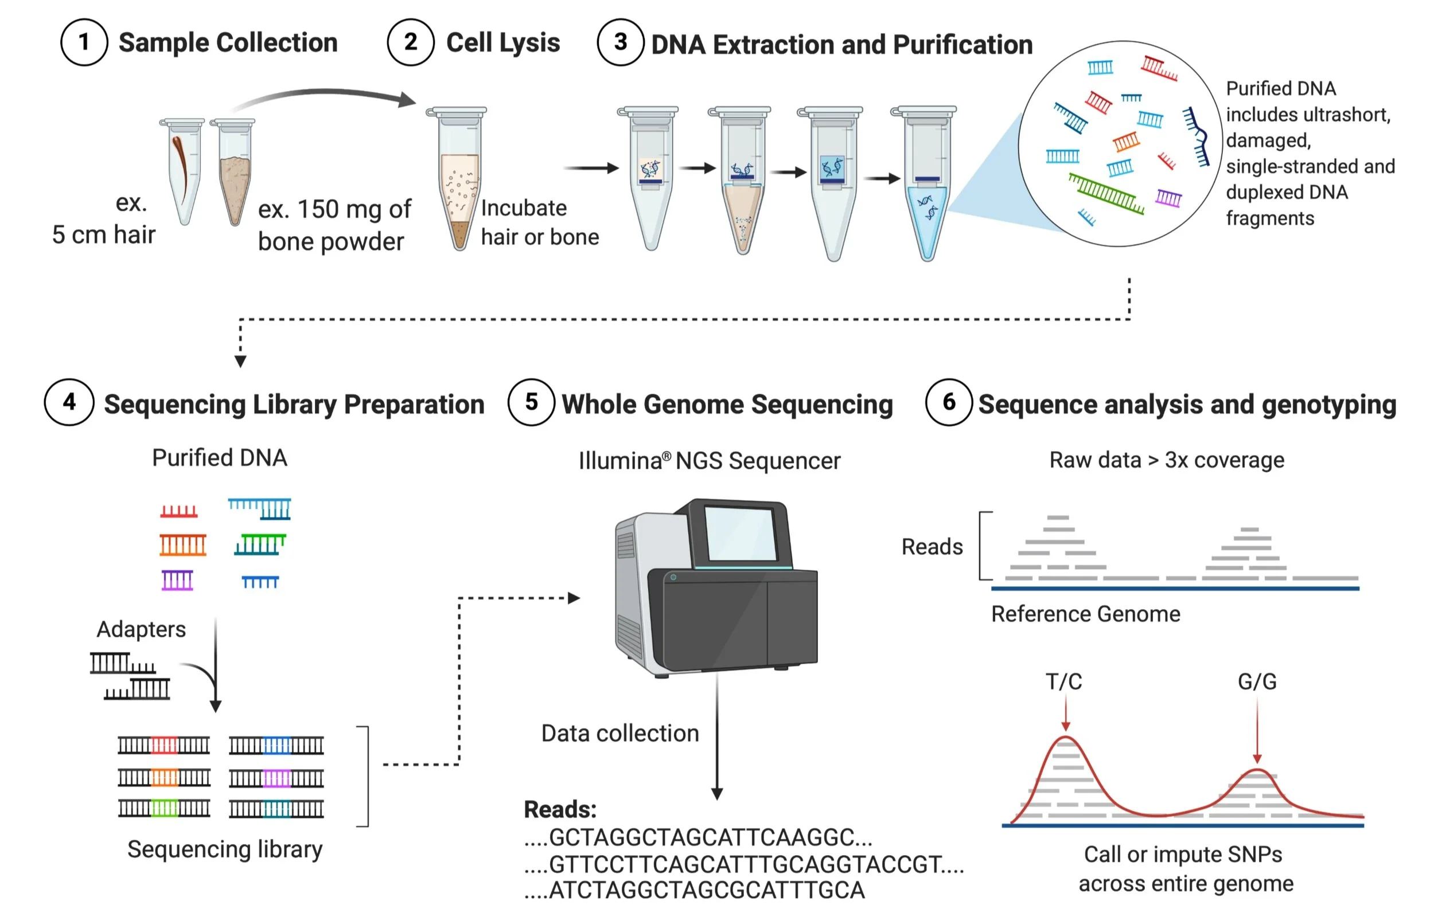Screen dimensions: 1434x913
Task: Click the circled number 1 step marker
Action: [x=84, y=42]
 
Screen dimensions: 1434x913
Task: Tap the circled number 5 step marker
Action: [x=531, y=402]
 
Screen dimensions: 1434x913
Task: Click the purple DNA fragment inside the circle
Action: [x=1168, y=198]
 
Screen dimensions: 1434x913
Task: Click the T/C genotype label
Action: [x=1063, y=681]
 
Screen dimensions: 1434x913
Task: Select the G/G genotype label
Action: [x=1257, y=681]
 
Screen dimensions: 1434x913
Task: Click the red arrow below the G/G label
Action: [x=1257, y=730]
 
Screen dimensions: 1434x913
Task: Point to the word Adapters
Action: [x=141, y=629]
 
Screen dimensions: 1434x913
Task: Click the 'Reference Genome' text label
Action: [x=1086, y=614]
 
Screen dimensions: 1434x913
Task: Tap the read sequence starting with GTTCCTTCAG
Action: [x=744, y=864]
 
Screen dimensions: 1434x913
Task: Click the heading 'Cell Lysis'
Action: [x=503, y=42]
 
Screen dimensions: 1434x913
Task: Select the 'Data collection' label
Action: [x=620, y=733]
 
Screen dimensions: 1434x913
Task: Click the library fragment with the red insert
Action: [x=164, y=745]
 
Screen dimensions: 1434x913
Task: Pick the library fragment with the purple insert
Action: [x=276, y=778]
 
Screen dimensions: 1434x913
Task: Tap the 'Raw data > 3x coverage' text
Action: [x=1167, y=460]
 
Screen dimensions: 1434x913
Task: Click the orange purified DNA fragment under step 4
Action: [x=183, y=544]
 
